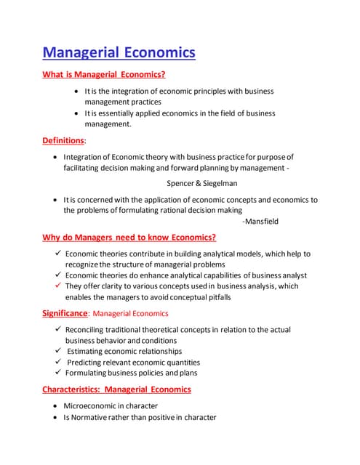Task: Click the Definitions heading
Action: [x=63, y=140]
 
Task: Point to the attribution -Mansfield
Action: [x=260, y=221]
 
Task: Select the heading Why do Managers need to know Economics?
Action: [x=129, y=238]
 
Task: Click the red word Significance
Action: [x=64, y=313]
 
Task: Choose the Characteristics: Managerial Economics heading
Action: [x=116, y=389]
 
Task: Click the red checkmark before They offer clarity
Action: [x=57, y=286]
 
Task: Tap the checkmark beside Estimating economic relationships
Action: [x=57, y=351]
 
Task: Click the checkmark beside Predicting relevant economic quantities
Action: [x=57, y=362]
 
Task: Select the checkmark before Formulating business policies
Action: [x=57, y=373]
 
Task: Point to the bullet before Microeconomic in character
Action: [x=57, y=406]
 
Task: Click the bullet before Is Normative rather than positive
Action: [x=57, y=417]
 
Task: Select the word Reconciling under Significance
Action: [x=89, y=330]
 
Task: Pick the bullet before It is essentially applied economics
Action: [x=78, y=113]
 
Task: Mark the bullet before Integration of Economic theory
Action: [x=57, y=157]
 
